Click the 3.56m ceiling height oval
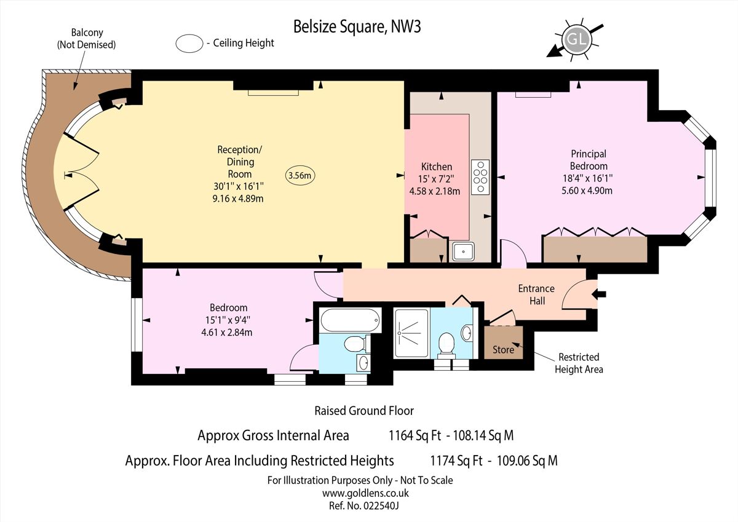[301, 175]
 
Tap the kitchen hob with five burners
[480, 176]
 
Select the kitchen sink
[462, 251]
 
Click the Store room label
[503, 350]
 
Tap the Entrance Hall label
[536, 295]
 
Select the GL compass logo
[575, 39]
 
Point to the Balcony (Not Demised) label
[86, 38]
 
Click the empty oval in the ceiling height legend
[189, 43]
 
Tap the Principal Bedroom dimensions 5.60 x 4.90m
[588, 191]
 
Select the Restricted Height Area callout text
[578, 363]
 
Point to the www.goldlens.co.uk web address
[365, 493]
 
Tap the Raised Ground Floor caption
[364, 411]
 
